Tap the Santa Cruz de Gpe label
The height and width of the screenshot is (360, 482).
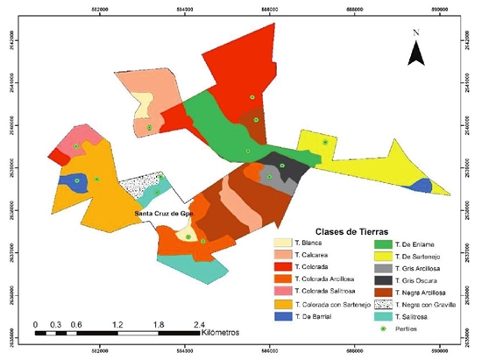pyautogui.click(x=162, y=213)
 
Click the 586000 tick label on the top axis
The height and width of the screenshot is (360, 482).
pyautogui.click(x=270, y=11)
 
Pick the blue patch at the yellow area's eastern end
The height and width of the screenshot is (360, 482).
pyautogui.click(x=420, y=185)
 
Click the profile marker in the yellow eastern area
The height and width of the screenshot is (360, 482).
pyautogui.click(x=325, y=142)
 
